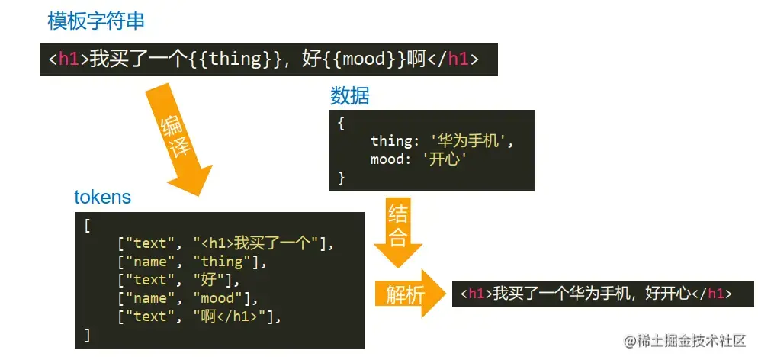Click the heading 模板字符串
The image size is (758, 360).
click(x=96, y=21)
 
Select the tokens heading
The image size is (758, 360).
click(x=102, y=197)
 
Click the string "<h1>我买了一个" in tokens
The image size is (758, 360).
click(x=262, y=244)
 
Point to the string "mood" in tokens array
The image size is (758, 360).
click(x=219, y=298)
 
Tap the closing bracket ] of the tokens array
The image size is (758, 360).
click(x=88, y=334)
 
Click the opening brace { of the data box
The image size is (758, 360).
click(x=341, y=122)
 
